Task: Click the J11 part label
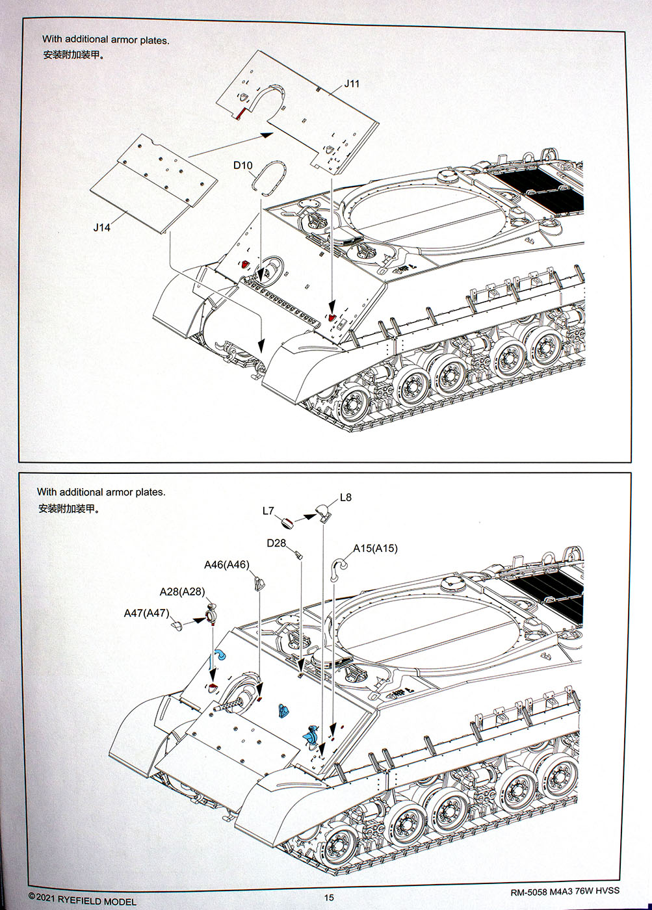coord(352,84)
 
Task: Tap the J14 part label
coord(101,227)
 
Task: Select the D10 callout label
coord(242,165)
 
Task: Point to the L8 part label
coord(345,497)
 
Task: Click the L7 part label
coord(268,511)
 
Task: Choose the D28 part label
coord(276,543)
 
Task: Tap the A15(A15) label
coord(375,548)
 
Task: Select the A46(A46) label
coord(226,564)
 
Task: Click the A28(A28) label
coord(182,591)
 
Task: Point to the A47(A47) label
coord(146,613)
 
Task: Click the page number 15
coord(329,897)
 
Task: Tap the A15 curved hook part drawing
coord(339,567)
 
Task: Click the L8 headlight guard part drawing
coord(322,513)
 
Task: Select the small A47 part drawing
coord(177,625)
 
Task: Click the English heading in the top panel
coord(105,40)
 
